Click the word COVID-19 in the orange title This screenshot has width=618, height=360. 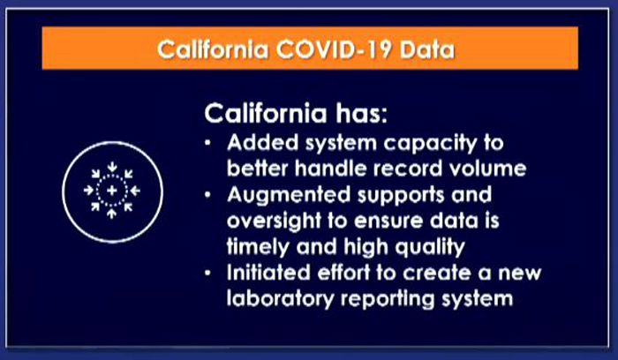point(334,50)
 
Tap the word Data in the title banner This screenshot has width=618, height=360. point(426,50)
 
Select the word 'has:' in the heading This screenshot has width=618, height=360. point(361,114)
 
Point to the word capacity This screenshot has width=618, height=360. point(431,144)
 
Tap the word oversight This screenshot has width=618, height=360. point(274,221)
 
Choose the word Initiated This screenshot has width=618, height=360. point(268,273)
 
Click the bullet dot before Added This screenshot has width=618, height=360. point(207,143)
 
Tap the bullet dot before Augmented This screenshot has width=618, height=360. point(207,195)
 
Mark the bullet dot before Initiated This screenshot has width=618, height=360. point(207,273)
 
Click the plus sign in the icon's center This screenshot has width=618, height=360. point(112,191)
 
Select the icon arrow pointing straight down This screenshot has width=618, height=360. point(112,167)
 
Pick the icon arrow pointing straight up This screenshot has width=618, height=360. point(112,214)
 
